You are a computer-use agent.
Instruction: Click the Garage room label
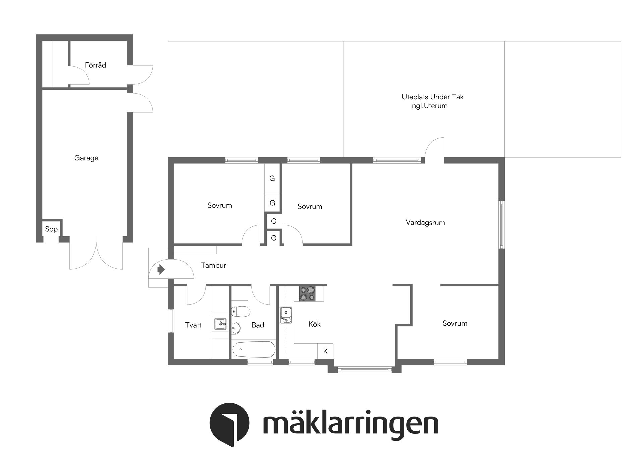point(86,158)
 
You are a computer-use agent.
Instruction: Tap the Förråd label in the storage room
point(95,65)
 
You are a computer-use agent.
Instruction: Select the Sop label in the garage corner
point(51,229)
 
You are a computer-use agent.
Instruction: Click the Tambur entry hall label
point(213,265)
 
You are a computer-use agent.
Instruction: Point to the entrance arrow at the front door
point(161,269)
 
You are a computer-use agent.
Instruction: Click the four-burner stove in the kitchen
point(307,293)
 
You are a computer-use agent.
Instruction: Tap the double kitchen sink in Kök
point(286,316)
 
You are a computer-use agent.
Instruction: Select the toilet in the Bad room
point(240,312)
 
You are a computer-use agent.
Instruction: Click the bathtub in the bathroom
point(254,350)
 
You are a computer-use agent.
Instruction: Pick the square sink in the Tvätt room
point(221,324)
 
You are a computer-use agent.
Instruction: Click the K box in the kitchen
point(325,351)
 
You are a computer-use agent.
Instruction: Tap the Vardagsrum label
point(425,223)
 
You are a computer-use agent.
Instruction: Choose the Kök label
point(314,324)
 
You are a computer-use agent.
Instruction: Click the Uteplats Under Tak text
point(432,97)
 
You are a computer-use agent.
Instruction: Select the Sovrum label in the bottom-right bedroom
point(454,323)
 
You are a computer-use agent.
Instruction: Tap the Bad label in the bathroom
point(258,325)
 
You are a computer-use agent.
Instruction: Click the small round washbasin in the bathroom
point(236,328)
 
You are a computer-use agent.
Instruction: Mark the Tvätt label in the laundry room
point(193,325)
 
